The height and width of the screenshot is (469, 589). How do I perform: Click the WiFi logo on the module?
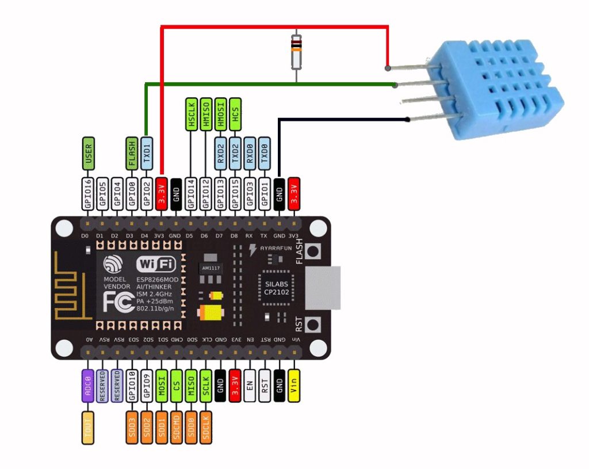[155, 264]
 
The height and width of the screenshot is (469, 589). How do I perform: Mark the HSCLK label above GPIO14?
[192, 113]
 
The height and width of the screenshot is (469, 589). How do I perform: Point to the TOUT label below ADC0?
[88, 426]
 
